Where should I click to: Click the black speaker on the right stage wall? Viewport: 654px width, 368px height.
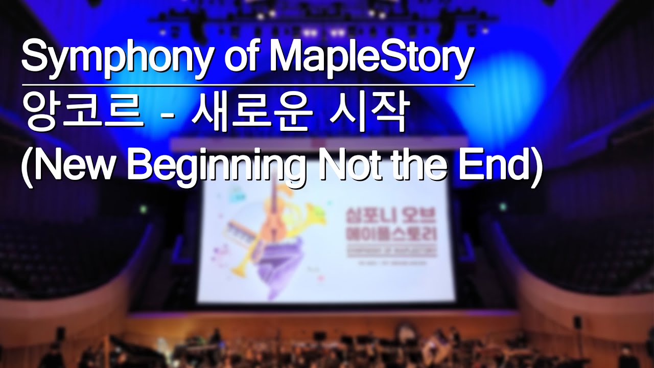[x=577, y=322]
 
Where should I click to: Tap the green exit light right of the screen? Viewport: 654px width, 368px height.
[x=502, y=207]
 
